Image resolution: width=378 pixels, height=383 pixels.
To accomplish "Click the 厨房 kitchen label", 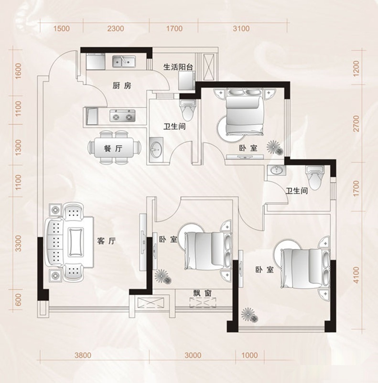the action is [122, 86].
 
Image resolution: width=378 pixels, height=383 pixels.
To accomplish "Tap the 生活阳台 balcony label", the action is [178, 67].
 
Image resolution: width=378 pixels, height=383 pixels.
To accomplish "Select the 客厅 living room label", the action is [107, 241].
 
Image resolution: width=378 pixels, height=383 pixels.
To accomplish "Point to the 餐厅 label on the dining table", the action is [113, 148].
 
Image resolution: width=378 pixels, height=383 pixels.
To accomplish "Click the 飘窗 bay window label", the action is [203, 293].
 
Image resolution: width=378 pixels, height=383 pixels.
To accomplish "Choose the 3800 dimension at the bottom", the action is [83, 355].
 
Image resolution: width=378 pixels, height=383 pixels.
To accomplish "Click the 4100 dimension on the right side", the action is [356, 275].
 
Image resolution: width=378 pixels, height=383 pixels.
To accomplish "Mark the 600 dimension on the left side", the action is [18, 300].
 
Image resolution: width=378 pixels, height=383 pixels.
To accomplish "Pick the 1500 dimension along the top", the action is [62, 29].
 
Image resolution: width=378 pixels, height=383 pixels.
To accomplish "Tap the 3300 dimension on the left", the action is [18, 243].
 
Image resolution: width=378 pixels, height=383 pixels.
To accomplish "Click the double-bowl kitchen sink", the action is [124, 61].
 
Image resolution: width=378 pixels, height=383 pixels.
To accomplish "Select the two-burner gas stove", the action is [122, 115].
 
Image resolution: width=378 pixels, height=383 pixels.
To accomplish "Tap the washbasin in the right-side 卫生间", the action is [276, 169].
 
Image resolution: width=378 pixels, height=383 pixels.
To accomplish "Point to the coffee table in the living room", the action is [76, 242].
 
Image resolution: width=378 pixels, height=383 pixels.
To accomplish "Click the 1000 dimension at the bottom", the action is [250, 355].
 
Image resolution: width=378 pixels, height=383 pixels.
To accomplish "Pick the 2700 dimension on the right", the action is [356, 124].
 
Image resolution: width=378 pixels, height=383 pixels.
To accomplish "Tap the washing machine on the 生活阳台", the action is [186, 81].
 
